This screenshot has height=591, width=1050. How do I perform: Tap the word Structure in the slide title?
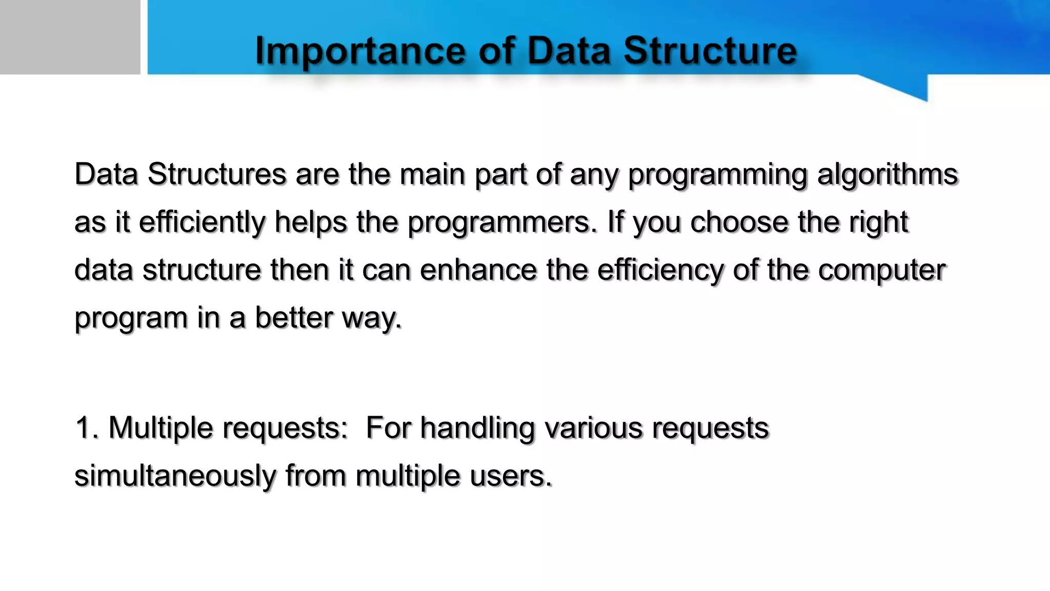[710, 51]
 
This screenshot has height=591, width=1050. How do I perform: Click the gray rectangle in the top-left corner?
[70, 37]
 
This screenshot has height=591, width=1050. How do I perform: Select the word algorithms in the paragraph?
[887, 174]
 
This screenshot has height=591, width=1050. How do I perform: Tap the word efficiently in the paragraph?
[202, 223]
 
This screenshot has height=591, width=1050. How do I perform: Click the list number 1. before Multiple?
[87, 427]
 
